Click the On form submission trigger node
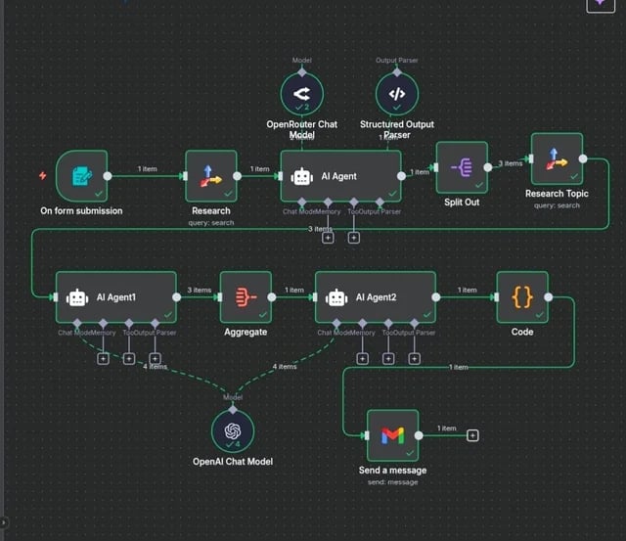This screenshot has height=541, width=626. tap(82, 176)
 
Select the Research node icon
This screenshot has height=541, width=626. tap(210, 176)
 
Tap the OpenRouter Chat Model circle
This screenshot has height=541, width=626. tap(301, 95)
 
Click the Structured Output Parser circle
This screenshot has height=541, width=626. tap(396, 95)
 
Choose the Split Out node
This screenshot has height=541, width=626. tap(461, 168)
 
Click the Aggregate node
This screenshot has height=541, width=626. tap(246, 297)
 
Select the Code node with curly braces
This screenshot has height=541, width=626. tap(522, 297)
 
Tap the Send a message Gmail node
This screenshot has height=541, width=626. tap(391, 435)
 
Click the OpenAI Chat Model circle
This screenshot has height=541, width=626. tap(233, 431)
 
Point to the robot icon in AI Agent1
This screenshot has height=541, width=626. tap(77, 297)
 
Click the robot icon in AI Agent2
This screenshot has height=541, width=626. tap(336, 297)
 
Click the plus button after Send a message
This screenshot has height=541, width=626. tap(472, 435)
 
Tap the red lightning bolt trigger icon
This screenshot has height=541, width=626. tap(42, 176)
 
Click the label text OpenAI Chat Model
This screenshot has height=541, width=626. tap(233, 462)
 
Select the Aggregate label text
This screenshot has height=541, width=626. tap(246, 333)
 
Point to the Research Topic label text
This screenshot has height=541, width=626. tap(557, 194)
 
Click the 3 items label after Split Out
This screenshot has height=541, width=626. tap(513, 163)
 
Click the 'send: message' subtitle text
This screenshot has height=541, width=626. tap(391, 482)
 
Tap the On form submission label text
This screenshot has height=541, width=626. tap(82, 210)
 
